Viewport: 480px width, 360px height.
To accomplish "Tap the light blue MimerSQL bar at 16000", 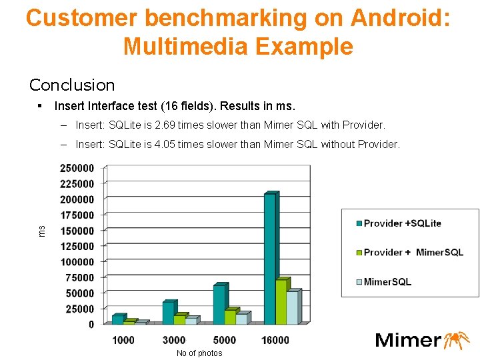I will [293, 307].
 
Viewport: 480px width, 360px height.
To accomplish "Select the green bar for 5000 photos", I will [230, 317].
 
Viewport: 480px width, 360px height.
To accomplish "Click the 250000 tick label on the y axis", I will [77, 168].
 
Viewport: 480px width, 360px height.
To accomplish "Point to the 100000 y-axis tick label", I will [77, 262].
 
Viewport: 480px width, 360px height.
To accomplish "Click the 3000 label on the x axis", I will [174, 340].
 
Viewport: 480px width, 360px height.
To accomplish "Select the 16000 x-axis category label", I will [275, 340].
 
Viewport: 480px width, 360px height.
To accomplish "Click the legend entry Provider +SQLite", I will [402, 223].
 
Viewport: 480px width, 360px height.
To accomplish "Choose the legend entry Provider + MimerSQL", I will [413, 253].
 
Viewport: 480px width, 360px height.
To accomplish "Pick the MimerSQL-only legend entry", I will [387, 282].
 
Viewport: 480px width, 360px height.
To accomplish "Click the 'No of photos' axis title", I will [199, 353].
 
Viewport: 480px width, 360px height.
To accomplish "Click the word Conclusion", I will [72, 85].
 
